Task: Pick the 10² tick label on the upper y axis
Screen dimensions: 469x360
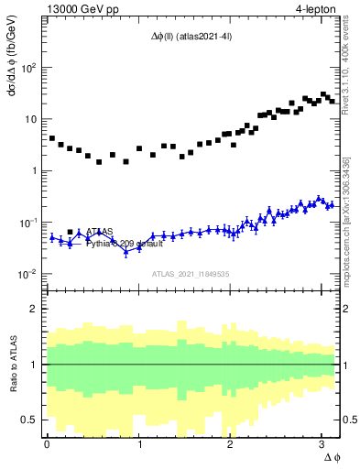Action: click(27, 68)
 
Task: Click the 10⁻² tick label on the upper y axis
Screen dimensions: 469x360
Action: click(27, 274)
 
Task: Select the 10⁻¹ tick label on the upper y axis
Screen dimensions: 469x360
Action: click(27, 223)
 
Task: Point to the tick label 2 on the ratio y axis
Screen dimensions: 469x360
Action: click(34, 309)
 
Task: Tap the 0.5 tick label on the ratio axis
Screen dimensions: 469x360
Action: click(29, 420)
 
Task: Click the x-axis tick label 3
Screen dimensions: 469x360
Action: click(322, 443)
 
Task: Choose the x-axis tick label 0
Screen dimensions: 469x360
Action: click(47, 443)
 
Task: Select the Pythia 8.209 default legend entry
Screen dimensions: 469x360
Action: click(125, 244)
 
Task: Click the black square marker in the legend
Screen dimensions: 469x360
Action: click(71, 233)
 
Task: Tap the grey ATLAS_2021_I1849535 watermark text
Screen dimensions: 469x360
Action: click(191, 274)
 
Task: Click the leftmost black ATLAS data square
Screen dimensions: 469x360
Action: click(52, 138)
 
